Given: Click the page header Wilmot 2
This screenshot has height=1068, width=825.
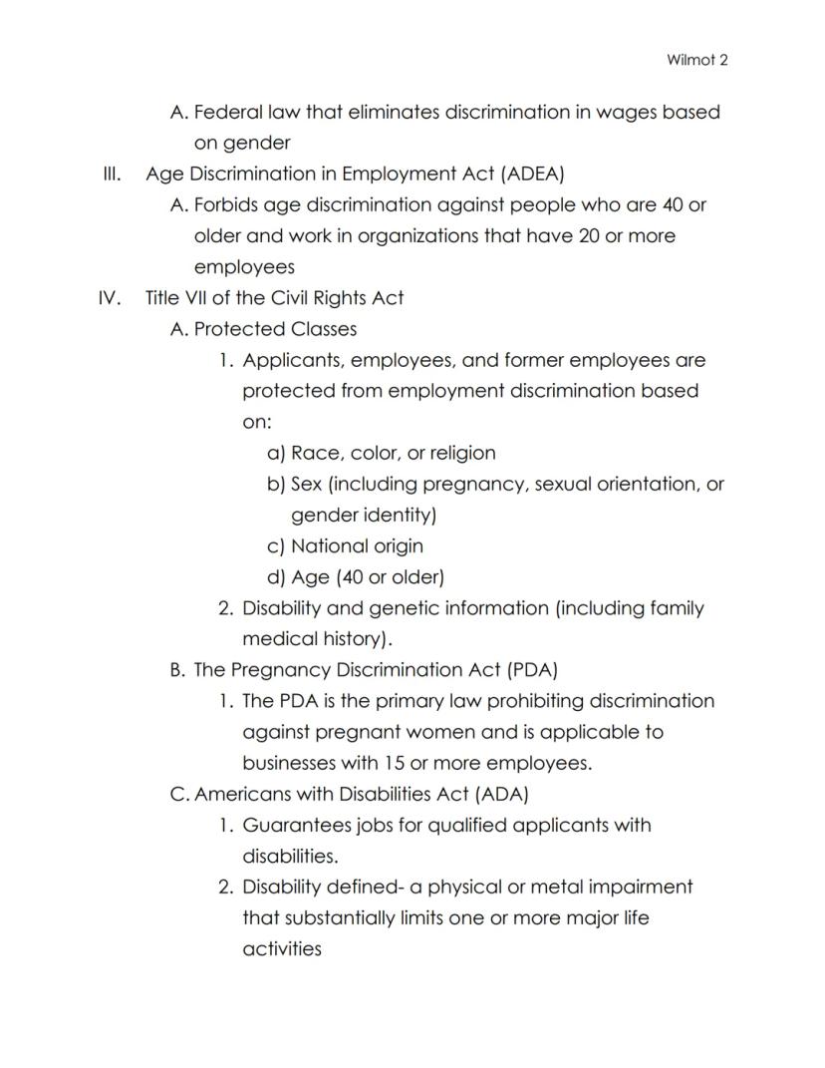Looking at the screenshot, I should (x=696, y=60).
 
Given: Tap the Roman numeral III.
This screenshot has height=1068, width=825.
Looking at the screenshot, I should (x=112, y=175).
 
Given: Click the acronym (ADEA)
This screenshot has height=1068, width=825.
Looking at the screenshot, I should (x=533, y=175).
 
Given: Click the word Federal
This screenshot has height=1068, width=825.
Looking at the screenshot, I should (x=227, y=112).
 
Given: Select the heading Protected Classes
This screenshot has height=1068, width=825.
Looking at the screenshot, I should (x=275, y=329).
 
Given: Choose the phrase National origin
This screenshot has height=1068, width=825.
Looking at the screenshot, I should (x=357, y=546).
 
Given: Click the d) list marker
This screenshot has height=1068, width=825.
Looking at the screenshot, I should (x=277, y=577).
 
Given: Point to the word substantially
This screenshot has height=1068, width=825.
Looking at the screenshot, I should (x=343, y=918).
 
